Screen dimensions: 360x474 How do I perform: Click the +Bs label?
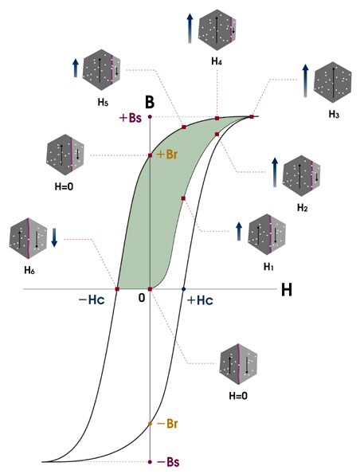pos(131,118)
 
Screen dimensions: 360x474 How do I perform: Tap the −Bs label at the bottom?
pos(168,462)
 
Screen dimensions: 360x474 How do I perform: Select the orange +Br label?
pos(167,155)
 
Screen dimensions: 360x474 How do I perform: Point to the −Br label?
pos(167,424)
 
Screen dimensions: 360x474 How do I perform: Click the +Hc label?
pos(200,300)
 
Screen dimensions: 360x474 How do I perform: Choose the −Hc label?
pos(92,300)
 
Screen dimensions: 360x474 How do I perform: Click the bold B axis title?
pos(150,102)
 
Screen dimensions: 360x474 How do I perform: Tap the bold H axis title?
pos(287,290)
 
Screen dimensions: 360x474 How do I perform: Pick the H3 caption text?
pos(334,115)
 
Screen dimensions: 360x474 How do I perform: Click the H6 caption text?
pos(29,270)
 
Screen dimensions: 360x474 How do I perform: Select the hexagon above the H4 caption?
pos(217,30)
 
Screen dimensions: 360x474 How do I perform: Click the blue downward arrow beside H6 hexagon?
pos(54,237)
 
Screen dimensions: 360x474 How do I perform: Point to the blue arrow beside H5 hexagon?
pos(75,68)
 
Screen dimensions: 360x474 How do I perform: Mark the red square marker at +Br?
pos(150,155)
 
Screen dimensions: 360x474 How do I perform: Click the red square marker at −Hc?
pos(117,289)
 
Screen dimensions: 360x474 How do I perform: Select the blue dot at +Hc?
pos(183,289)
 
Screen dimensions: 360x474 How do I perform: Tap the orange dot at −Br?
pos(150,424)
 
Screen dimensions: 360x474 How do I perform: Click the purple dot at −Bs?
pos(150,462)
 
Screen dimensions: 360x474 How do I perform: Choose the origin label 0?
pos(142,298)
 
